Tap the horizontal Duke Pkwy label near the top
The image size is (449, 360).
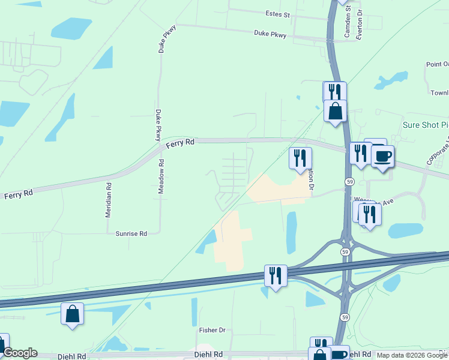tap(270, 35)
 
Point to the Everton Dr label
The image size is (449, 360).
tap(359, 24)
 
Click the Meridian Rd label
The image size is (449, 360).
tap(109, 200)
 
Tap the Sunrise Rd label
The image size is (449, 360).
tap(131, 234)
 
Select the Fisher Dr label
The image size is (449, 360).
tap(212, 330)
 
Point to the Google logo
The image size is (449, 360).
tap(19, 353)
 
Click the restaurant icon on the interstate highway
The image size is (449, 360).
tap(276, 276)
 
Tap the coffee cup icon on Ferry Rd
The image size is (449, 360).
tap(382, 157)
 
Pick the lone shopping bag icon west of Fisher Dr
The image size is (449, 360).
tap(72, 314)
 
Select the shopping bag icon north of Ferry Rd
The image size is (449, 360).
tap(335, 111)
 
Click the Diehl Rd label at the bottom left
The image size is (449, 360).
tap(73, 356)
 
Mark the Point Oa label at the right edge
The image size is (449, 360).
tap(437, 64)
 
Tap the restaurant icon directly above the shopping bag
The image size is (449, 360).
tap(334, 92)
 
